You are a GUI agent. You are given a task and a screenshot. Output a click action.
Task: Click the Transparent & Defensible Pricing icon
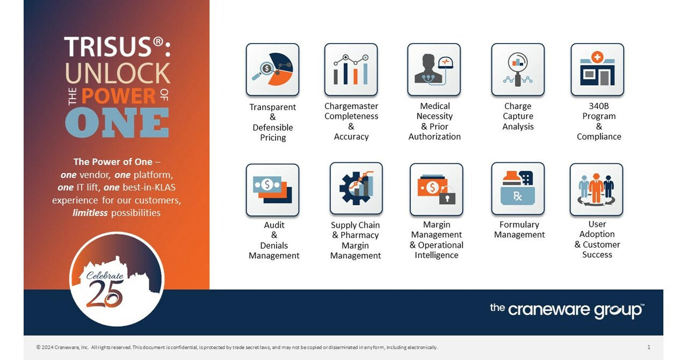(272, 70)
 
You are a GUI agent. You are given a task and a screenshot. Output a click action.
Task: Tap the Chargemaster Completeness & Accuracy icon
(351, 70)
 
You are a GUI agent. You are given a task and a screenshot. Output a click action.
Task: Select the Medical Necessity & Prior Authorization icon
(434, 70)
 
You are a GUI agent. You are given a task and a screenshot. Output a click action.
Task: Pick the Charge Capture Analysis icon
(518, 70)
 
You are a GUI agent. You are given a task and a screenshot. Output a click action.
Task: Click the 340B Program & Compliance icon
(597, 70)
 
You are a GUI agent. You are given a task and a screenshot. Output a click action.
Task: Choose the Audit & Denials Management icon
(272, 190)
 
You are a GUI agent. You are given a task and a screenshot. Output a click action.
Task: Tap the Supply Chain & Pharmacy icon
(356, 189)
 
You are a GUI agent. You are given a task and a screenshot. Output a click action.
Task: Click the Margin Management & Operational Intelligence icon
(436, 190)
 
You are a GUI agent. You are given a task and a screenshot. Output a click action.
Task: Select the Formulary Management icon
(518, 189)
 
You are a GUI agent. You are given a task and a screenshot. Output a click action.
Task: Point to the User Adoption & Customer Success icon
(596, 190)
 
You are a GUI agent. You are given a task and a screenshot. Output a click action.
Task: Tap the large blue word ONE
(117, 123)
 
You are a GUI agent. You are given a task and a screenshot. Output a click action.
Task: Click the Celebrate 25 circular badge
(117, 279)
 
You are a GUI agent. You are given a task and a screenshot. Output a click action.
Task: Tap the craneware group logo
(567, 310)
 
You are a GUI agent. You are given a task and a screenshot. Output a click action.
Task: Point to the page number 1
(649, 347)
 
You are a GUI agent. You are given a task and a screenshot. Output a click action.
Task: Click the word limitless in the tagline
(90, 213)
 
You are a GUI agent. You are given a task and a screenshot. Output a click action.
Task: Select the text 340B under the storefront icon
(599, 106)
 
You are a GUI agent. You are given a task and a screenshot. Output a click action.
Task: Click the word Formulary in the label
(519, 225)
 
